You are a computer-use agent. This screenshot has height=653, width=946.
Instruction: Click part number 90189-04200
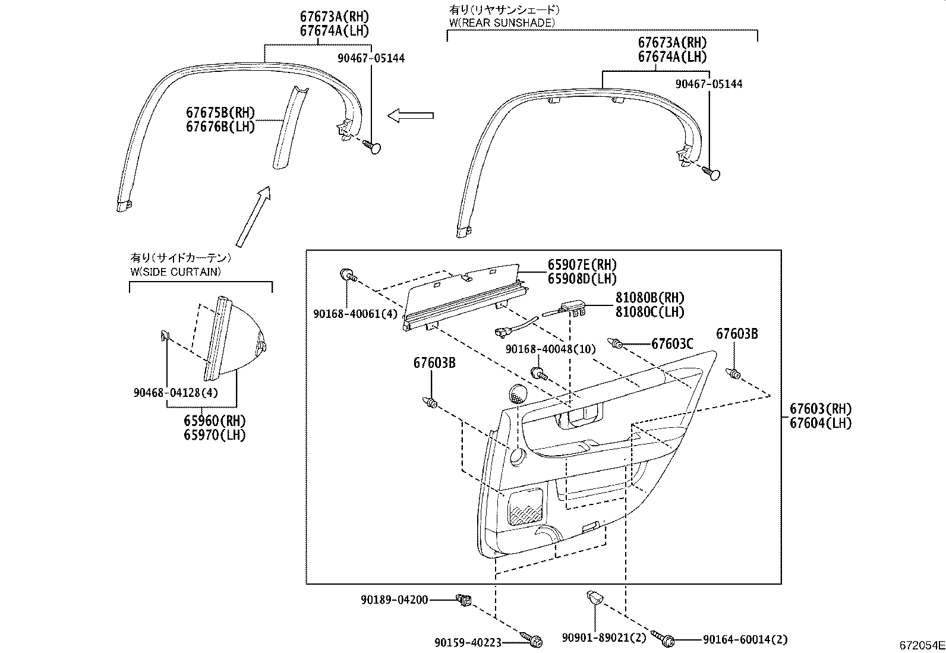pos(394,600)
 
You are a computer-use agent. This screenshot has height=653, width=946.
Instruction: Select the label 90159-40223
pos(468,642)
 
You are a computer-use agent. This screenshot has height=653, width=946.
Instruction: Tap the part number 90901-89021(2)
pos(603,638)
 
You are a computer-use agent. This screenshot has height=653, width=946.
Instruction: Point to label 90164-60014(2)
pos(745,640)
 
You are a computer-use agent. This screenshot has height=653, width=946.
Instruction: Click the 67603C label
pos(672,343)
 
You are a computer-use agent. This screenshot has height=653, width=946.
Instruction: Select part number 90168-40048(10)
pos(550,349)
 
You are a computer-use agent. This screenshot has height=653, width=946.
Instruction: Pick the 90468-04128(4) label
pos(175,393)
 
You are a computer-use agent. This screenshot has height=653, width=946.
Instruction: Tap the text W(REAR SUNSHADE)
pos(502,23)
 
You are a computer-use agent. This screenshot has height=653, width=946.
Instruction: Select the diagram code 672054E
pos(921,645)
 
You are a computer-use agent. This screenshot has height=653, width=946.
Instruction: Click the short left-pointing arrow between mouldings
pos(410,116)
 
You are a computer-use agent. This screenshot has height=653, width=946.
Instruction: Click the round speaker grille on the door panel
pos(519,394)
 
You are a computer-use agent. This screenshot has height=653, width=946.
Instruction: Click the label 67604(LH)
pos(821,423)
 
